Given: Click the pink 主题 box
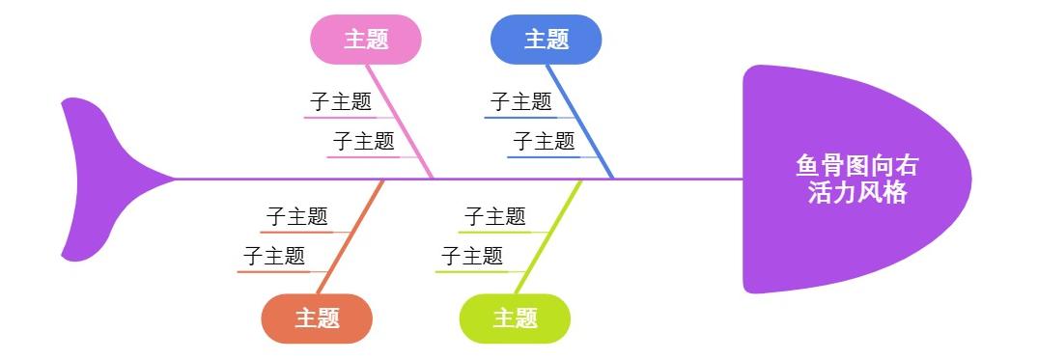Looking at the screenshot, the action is coord(366,40).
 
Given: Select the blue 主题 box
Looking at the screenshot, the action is coord(547,40).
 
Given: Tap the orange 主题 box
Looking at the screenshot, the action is coord(317,318).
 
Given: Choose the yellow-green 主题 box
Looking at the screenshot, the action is coord(515,318).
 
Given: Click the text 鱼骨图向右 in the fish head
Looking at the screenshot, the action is coord(857,166).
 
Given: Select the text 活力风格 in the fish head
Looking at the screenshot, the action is coord(857,193).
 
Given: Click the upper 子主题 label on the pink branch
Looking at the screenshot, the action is coord(340,101).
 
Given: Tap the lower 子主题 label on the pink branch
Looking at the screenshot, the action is coord(364,141).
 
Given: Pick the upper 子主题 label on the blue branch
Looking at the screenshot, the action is coord(520,101).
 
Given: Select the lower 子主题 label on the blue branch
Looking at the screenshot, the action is coord(544,141).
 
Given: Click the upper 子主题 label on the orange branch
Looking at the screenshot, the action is coord(296,216).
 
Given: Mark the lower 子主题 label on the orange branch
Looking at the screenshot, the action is coord(274,256).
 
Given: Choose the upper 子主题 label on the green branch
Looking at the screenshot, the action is coord(494,216).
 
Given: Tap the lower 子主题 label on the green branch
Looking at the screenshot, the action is coord(472,256).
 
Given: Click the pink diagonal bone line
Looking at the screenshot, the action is coord(400,122).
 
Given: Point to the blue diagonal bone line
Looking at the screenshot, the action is coord(580,122).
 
